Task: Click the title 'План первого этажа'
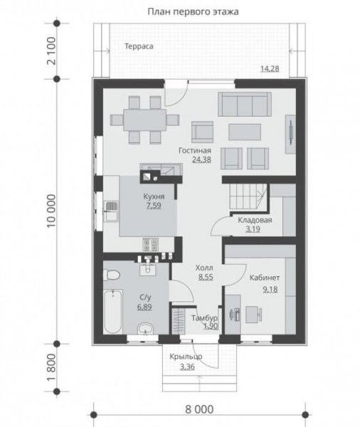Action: (193, 11)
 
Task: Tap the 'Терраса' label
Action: (139, 46)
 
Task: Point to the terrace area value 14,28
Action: (270, 68)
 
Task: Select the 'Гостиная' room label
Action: (195, 150)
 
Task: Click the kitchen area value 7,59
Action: (154, 206)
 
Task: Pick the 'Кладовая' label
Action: (255, 220)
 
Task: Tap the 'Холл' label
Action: (204, 268)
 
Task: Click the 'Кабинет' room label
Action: (265, 278)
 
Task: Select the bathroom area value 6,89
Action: (144, 307)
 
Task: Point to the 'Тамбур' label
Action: (204, 318)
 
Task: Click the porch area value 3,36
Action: (187, 367)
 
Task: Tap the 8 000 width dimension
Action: (199, 409)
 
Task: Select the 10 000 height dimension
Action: (51, 211)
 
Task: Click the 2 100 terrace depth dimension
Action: (51, 51)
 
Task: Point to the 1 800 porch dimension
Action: (51, 368)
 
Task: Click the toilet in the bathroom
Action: (111, 275)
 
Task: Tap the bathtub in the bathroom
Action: (113, 312)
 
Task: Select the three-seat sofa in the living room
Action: (245, 105)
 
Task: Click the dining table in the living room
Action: (144, 120)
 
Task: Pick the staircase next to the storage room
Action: (248, 196)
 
